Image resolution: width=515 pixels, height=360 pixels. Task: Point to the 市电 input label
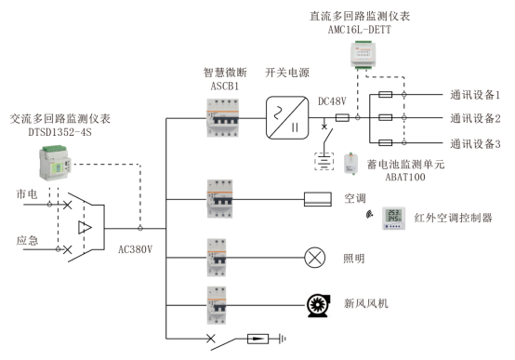[27, 193]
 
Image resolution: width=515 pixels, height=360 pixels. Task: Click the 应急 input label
[27, 240]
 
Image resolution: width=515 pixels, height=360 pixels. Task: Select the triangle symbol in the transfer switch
[85, 226]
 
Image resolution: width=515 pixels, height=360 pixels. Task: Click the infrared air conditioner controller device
[394, 216]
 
